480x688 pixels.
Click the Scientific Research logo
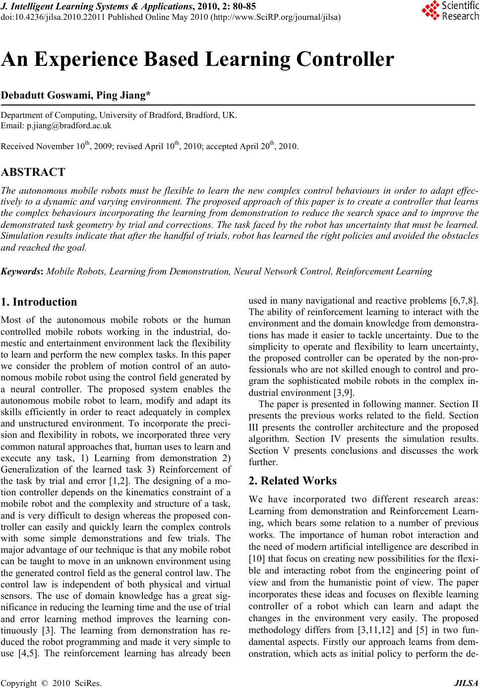[x=450, y=11]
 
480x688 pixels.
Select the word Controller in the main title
[x=345, y=59]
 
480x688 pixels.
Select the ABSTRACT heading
[x=33, y=172]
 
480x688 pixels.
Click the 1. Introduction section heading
[x=39, y=302]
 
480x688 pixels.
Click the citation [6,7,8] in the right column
[x=463, y=301]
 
